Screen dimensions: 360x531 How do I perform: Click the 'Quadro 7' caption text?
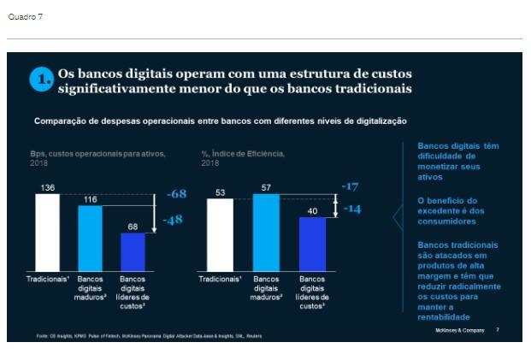point(25,16)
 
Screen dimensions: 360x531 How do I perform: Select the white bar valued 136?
point(48,232)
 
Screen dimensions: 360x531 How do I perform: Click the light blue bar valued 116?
point(90,238)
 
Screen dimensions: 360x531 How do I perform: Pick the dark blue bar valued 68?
point(133,251)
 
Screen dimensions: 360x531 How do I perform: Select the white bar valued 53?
point(220,234)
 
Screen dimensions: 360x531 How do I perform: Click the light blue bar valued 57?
point(266,232)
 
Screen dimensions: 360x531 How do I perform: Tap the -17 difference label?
point(350,186)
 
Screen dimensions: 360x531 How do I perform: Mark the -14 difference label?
point(351,208)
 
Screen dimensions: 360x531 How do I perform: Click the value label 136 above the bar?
point(48,187)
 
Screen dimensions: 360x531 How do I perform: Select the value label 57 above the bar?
point(266,187)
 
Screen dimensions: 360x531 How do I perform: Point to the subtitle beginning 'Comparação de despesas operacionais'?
point(219,121)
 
